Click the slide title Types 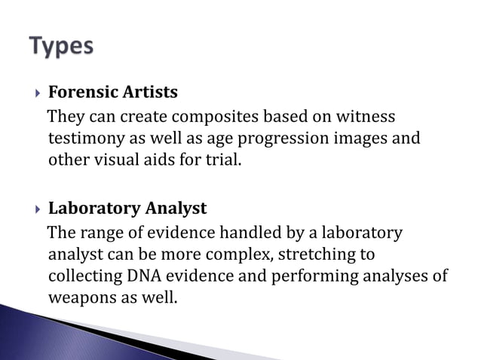(63, 47)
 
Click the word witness (366, 117)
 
